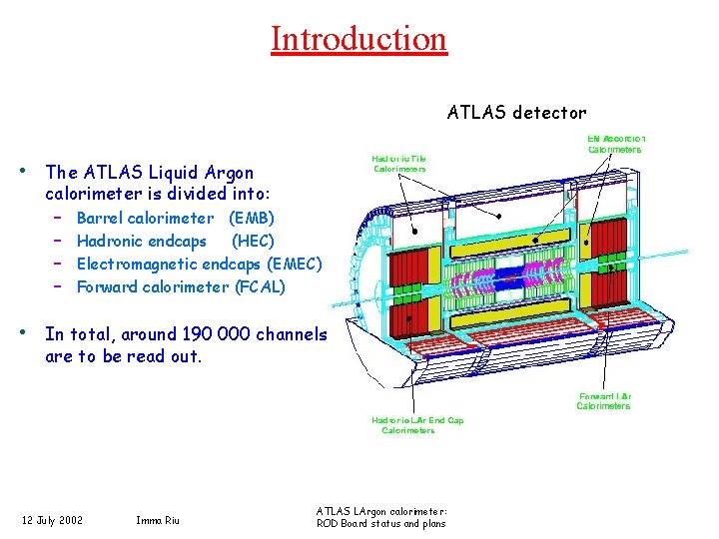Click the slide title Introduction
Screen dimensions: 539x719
click(359, 39)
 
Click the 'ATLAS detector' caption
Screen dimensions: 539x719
click(516, 112)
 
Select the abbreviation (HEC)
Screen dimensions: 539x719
click(253, 241)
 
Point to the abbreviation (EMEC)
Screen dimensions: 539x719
click(295, 264)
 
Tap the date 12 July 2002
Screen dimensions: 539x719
click(53, 519)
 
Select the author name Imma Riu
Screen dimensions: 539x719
click(158, 519)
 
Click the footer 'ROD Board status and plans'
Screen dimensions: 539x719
click(380, 524)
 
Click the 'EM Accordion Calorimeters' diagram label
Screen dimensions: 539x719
click(616, 144)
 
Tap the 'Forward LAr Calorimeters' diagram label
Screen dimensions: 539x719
click(604, 401)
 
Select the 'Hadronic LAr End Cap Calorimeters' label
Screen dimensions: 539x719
click(417, 426)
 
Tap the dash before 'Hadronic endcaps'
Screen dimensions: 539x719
click(59, 241)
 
